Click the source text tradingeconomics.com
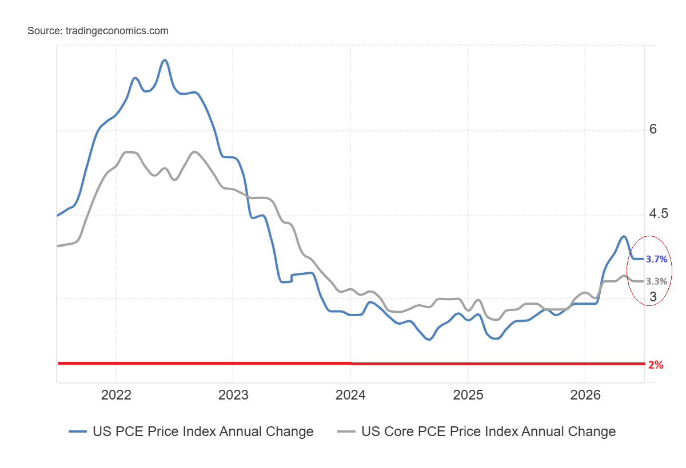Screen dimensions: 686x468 117,31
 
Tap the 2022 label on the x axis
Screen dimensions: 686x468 116,395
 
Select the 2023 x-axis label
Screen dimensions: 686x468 233,395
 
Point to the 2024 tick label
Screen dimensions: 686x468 350,395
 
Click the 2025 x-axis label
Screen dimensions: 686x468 468,395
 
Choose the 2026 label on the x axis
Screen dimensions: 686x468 585,395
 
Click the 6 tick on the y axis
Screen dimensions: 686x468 653,129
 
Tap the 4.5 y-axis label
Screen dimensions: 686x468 659,213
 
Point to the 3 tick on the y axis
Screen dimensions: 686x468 653,297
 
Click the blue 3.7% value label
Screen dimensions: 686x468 656,259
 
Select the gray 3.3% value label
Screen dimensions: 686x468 656,281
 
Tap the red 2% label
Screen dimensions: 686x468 656,365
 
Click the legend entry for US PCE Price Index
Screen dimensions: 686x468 203,431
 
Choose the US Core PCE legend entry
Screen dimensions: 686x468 488,431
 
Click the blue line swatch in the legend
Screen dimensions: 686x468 78,431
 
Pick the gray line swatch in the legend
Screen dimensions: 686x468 346,431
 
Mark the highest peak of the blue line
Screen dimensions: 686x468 165,60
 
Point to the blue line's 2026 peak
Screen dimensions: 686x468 624,236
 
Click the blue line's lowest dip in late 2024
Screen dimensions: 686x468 429,339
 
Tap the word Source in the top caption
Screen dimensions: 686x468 45,31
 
